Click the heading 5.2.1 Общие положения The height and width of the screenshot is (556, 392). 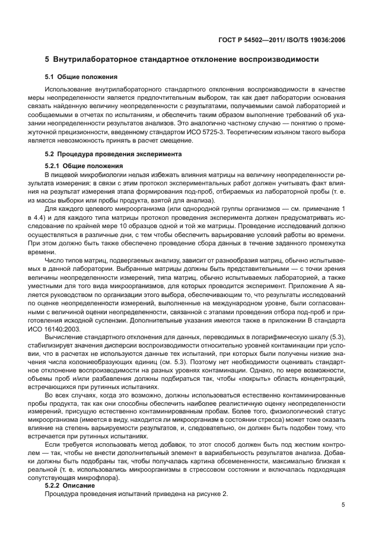point(84,166)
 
